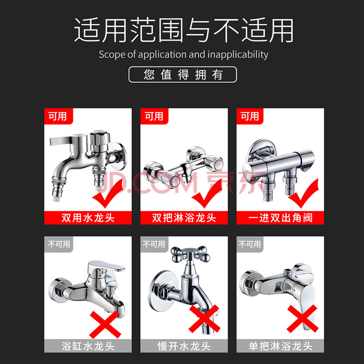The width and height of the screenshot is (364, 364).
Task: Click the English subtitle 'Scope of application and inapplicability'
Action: point(183,55)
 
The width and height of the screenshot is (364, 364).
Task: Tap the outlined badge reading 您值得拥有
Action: point(183,75)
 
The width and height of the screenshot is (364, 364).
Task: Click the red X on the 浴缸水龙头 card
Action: point(105,324)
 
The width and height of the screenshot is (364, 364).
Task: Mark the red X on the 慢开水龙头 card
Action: point(204,318)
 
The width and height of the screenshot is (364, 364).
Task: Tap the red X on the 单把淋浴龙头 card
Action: point(303,318)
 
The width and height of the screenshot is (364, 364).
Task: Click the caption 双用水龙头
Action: point(88,218)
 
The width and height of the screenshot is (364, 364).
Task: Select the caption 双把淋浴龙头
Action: point(184,218)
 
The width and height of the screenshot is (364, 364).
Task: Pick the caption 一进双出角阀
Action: point(280,218)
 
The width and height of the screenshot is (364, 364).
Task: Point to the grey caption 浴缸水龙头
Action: point(88,346)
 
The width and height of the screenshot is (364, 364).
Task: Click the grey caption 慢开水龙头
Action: point(184,346)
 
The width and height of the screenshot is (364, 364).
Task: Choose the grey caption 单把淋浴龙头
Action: point(280,346)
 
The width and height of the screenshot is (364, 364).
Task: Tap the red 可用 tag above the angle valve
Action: point(250,116)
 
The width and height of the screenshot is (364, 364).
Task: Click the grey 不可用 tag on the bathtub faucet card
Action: point(59,244)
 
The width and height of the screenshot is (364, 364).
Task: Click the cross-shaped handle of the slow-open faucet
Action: point(190,254)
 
